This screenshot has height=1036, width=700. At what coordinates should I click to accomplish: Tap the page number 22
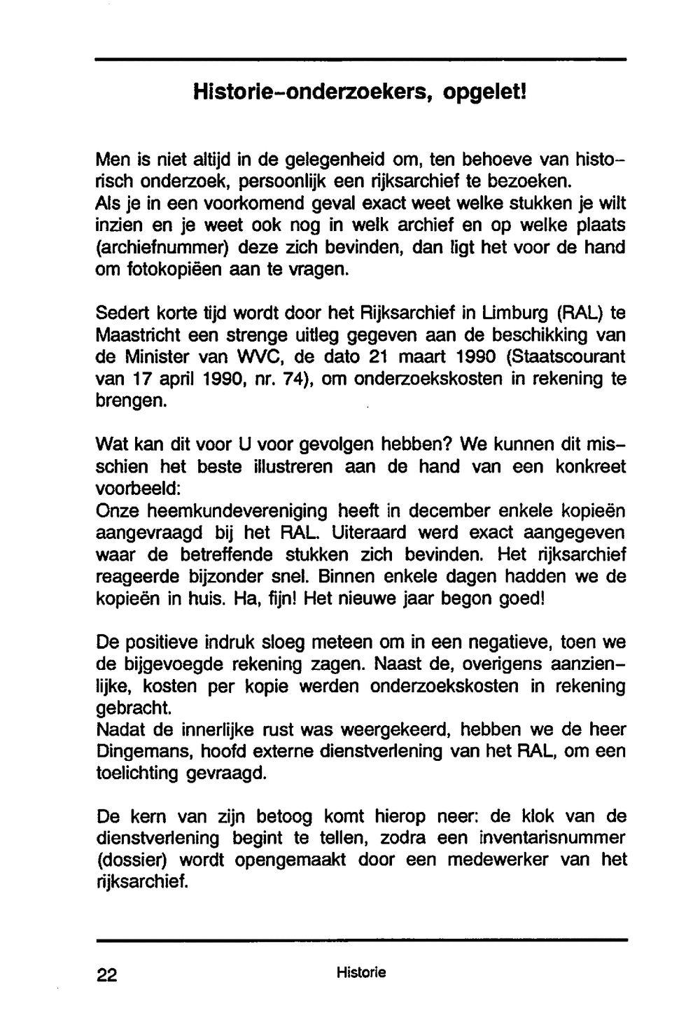click(x=107, y=975)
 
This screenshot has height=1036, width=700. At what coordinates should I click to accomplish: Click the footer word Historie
click(x=360, y=972)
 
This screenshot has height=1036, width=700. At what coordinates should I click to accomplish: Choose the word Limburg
click(x=511, y=312)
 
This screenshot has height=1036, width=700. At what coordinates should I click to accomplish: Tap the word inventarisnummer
click(x=552, y=838)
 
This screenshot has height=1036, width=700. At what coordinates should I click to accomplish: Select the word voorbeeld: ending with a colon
click(x=142, y=488)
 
